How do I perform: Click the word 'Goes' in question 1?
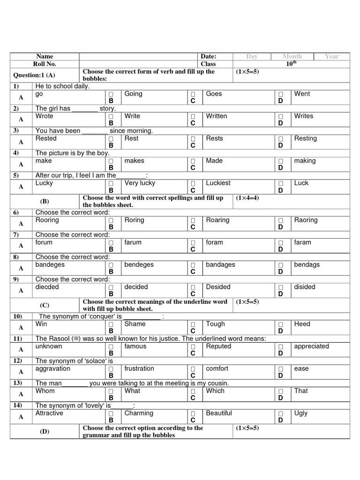(x=214, y=94)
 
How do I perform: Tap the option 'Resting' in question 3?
(x=305, y=139)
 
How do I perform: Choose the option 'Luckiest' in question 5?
(x=218, y=183)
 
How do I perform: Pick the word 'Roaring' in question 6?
(x=217, y=220)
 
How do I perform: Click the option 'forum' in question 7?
(x=44, y=242)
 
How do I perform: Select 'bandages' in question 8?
(x=220, y=265)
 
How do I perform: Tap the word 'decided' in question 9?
(x=136, y=287)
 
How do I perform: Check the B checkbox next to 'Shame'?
(x=111, y=324)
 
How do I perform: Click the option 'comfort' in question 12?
(x=217, y=369)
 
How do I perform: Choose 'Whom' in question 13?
(x=45, y=391)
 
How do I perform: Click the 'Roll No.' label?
(x=45, y=64)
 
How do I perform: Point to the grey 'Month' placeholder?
(x=292, y=57)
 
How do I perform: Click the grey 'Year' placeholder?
(x=331, y=57)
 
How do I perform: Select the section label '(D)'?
(x=45, y=432)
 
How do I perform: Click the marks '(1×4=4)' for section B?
(x=247, y=198)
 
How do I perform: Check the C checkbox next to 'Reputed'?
(x=193, y=347)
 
